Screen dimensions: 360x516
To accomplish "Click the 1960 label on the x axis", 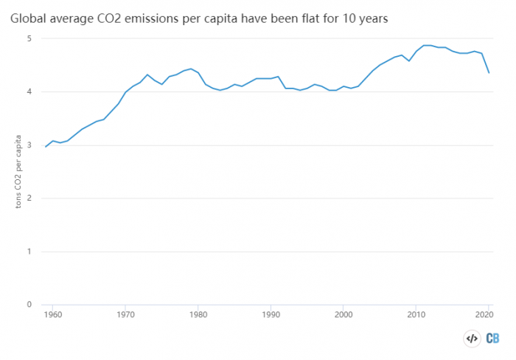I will [x=53, y=314].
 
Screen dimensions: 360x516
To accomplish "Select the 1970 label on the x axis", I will [x=125, y=314].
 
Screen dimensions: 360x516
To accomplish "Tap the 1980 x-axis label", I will [x=198, y=314].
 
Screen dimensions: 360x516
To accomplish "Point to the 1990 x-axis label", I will [x=271, y=314].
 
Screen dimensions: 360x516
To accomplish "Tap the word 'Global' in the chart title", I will [x=27, y=15].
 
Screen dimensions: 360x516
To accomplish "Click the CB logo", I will [x=493, y=339].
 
